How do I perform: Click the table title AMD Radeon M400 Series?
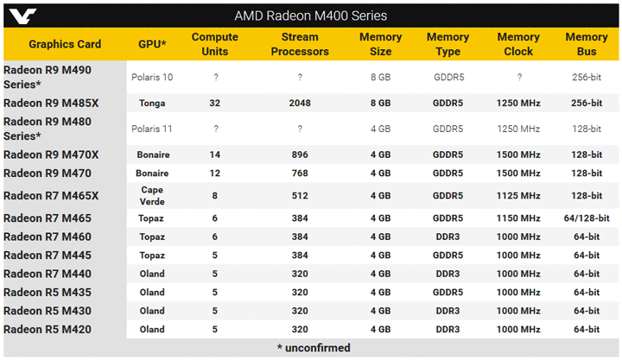click(311, 16)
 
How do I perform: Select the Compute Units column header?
click(215, 44)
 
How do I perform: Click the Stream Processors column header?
click(300, 44)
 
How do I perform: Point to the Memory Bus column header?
click(587, 44)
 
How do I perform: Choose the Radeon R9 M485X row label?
click(51, 103)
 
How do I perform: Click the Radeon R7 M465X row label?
click(51, 196)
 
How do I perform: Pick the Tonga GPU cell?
click(152, 103)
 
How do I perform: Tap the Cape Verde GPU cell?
click(152, 195)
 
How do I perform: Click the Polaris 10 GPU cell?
click(152, 77)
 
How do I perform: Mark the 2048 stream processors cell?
click(300, 103)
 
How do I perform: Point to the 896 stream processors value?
click(300, 155)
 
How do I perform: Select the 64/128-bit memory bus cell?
click(587, 218)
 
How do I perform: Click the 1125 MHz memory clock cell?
click(519, 196)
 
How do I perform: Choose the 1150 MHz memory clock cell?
click(519, 218)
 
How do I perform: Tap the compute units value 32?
click(215, 103)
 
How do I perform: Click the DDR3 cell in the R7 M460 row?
click(447, 237)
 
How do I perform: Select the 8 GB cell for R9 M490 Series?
click(380, 77)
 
